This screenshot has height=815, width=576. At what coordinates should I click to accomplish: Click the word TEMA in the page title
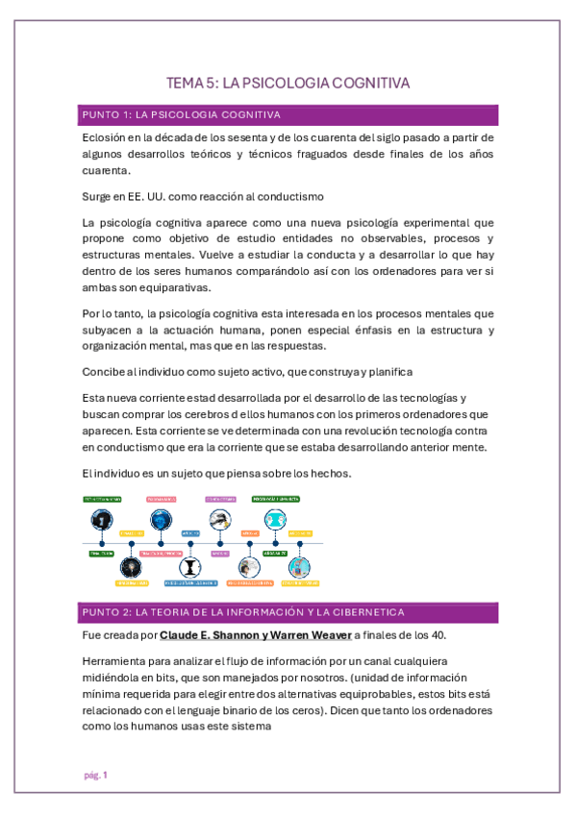pos(184,84)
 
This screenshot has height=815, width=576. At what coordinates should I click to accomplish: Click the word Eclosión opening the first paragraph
pos(106,138)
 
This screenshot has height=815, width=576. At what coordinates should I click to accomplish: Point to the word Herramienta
pos(118,661)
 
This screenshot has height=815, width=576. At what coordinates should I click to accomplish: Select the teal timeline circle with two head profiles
pos(277,520)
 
